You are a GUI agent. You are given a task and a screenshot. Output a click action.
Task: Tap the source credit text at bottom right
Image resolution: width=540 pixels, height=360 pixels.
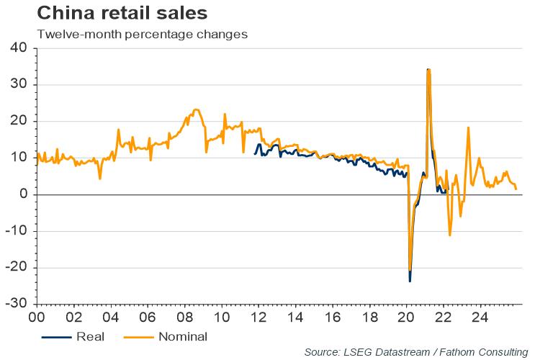point(415,351)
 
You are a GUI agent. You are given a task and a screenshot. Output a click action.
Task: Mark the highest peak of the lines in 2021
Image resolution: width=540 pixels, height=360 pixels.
point(428,70)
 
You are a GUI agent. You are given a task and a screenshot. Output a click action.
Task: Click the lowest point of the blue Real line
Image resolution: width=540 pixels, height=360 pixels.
point(410,281)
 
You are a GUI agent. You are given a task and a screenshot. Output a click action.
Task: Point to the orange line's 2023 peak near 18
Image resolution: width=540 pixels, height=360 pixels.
point(468,127)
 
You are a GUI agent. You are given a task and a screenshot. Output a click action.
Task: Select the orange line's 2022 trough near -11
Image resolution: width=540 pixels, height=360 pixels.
point(450,235)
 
